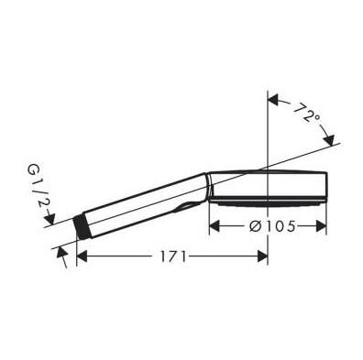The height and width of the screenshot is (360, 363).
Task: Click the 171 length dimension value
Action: pos(169,257)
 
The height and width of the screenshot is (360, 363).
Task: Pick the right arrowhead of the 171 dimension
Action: pos(263,257)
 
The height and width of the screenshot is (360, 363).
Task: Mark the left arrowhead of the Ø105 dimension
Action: pos(215,225)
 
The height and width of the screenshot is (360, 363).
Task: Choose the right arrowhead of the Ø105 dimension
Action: pos(322,225)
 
